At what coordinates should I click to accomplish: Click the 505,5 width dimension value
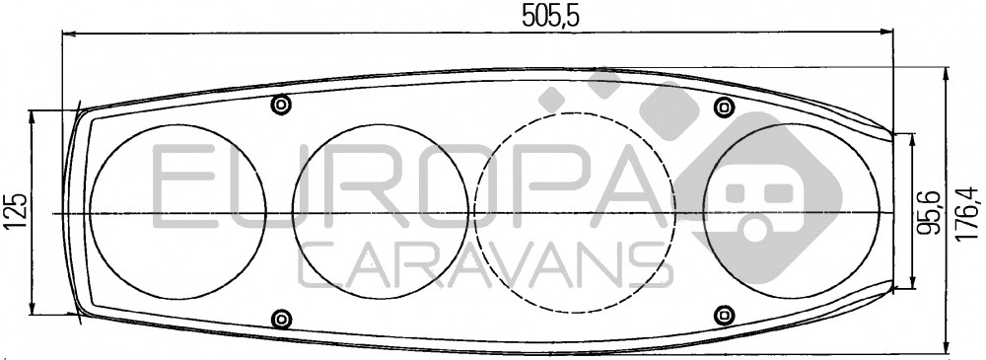click(549, 16)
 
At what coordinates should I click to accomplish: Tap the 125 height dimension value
click(18, 210)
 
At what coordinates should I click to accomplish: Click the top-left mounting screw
click(281, 105)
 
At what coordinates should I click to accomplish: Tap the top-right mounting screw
click(725, 107)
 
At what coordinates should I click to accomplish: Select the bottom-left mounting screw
click(281, 318)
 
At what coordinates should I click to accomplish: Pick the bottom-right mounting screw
click(725, 314)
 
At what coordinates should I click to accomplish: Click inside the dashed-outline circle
click(574, 213)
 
